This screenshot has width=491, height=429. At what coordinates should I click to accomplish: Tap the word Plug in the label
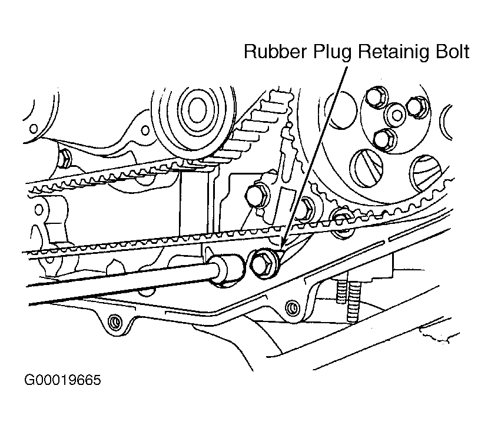click(x=333, y=53)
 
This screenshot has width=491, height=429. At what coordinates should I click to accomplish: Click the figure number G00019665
click(x=63, y=380)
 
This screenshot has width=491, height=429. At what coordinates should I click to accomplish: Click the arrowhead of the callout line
click(x=283, y=247)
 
